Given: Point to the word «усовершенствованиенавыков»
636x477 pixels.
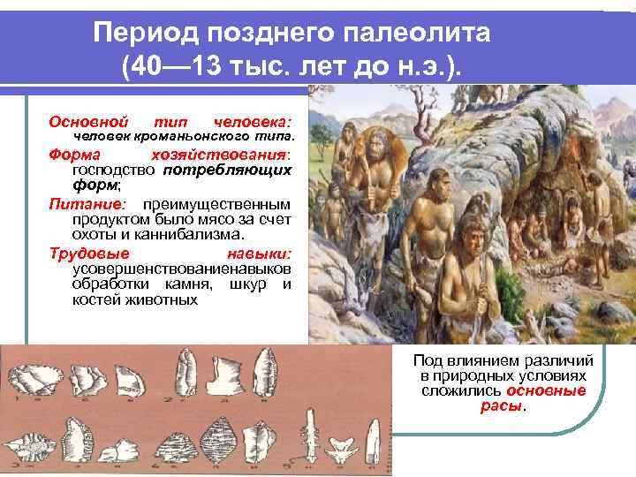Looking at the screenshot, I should [x=182, y=269].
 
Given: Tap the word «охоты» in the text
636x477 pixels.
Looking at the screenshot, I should [x=95, y=234].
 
